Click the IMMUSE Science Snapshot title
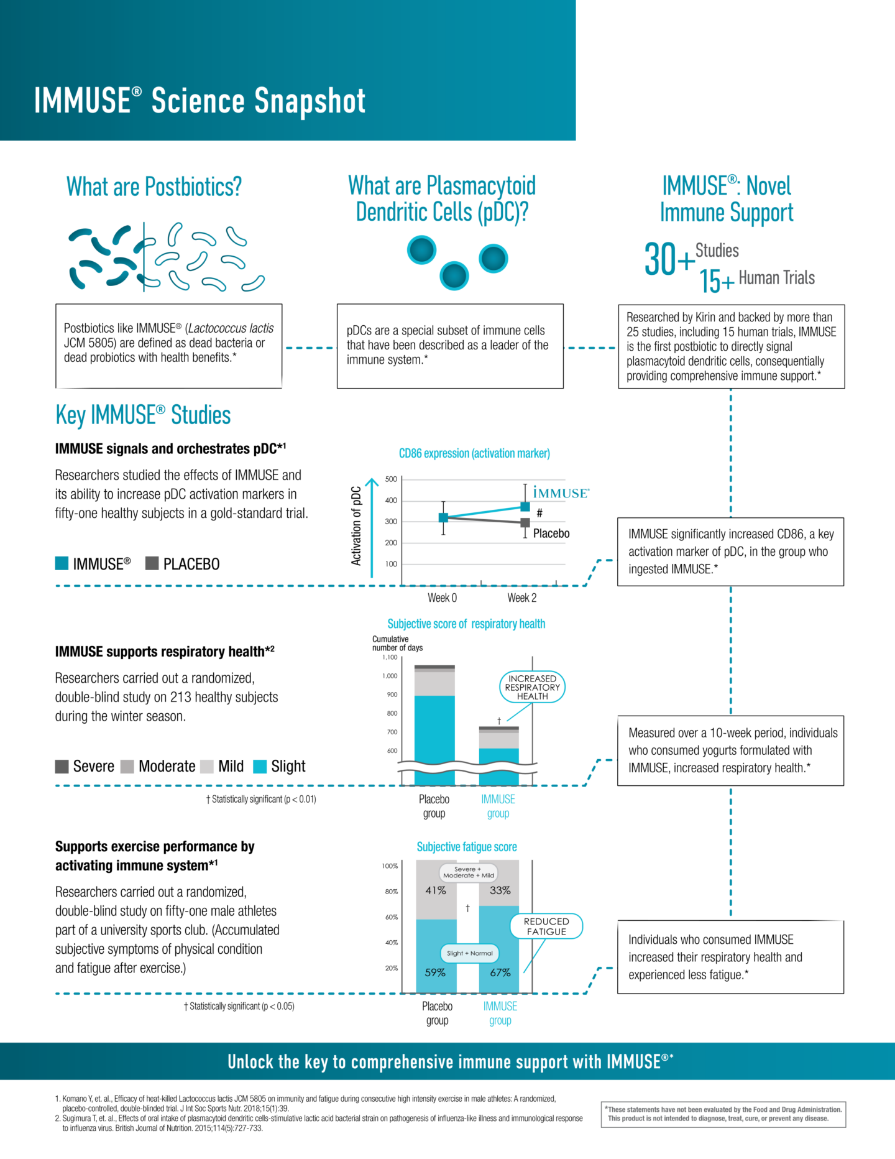pos(200,101)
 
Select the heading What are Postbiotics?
pos(154,187)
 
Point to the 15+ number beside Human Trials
pos(717,281)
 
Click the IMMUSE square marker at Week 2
pos(525,507)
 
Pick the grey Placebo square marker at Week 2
pos(525,523)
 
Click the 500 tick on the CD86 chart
pos(391,479)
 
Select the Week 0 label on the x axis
pos(442,598)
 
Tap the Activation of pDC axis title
pos(356,525)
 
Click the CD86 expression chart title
pos(474,453)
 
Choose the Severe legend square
pos(62,766)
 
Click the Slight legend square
pos(260,766)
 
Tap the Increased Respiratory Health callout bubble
pos(533,687)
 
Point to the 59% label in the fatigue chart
pos(435,972)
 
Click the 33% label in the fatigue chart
pos(500,890)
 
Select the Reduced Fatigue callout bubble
pos(546,926)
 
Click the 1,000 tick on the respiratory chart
pos(390,676)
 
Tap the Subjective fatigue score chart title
pos(467,847)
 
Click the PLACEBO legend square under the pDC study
pos(152,563)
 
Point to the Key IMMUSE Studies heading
pos(143,415)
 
